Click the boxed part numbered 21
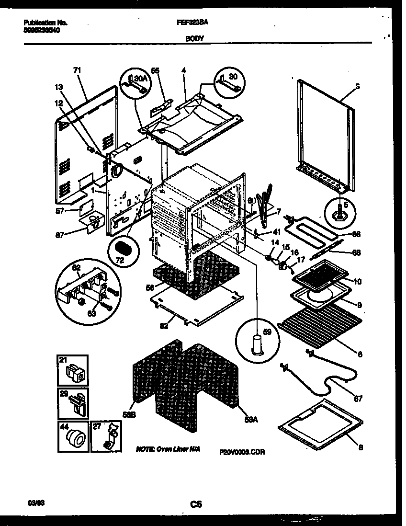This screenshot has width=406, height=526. point(73,370)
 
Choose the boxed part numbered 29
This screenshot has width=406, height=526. point(73,403)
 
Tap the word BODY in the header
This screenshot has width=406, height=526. point(192,41)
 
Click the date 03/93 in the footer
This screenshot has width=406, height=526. point(34,502)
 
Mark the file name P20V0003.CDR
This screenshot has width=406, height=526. point(242,451)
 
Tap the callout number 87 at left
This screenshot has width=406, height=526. point(58,235)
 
